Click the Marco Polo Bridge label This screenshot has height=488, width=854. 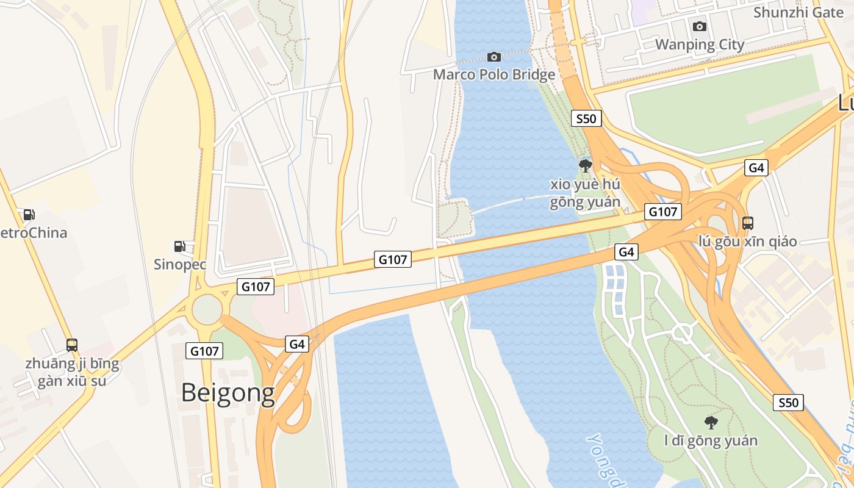494,74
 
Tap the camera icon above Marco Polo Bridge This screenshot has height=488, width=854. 494,57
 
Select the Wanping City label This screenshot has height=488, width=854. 700,45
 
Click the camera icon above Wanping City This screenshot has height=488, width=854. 700,26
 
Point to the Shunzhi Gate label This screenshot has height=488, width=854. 798,12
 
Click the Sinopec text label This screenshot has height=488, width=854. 180,265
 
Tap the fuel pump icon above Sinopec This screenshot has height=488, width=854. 180,246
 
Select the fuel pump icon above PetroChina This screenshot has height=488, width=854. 29,215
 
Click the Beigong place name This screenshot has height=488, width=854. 228,393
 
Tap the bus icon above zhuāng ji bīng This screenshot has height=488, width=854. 72,345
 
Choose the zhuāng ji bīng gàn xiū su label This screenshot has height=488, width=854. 72,373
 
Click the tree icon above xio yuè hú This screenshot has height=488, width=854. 585,165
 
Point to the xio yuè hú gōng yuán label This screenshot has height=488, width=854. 585,193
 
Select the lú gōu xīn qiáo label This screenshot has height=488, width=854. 748,241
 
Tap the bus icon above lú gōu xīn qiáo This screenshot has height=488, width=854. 748,223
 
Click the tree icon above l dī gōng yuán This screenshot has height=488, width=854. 711,422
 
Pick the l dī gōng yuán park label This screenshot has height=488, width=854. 711,440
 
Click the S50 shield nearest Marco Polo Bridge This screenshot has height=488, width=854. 586,118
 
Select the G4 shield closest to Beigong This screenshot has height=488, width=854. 296,344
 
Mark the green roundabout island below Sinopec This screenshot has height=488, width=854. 207,309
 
